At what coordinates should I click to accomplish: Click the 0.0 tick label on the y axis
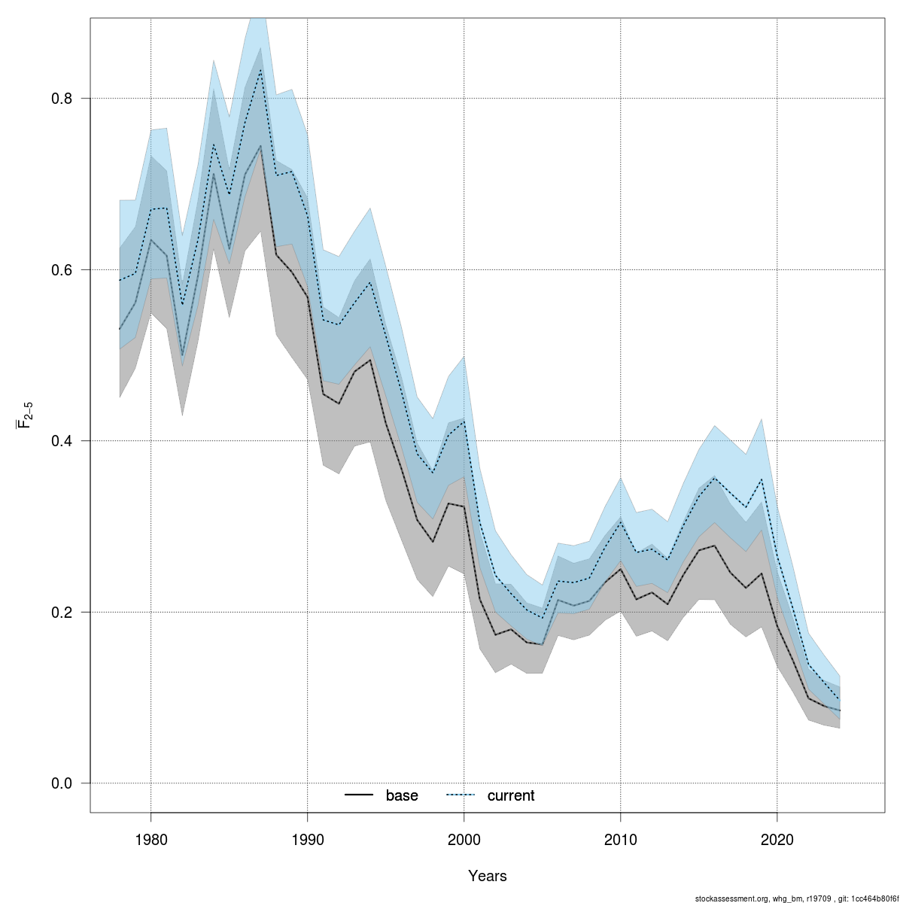coord(61,783)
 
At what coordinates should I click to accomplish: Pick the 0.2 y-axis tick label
coord(61,612)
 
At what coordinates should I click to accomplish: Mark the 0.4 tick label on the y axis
coord(61,441)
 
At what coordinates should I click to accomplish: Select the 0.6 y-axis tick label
coord(61,269)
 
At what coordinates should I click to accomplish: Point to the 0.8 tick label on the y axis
coord(61,99)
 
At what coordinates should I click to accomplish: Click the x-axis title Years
coord(488,876)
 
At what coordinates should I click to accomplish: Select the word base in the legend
coord(402,795)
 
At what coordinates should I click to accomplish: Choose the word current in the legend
coord(511,795)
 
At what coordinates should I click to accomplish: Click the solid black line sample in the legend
coord(360,795)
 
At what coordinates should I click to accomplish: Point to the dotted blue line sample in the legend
coord(461,795)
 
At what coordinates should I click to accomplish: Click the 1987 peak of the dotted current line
coord(260,70)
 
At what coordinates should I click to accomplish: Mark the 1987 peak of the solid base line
coord(260,145)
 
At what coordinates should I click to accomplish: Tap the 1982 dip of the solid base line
coord(182,355)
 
